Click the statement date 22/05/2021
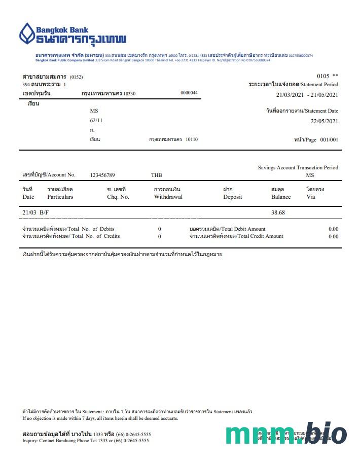click(324, 121)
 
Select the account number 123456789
click(102, 175)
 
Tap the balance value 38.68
click(278, 213)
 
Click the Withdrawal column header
click(168, 197)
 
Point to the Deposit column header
click(233, 197)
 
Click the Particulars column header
click(60, 197)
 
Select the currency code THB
click(157, 175)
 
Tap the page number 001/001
click(329, 140)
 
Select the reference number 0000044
click(189, 93)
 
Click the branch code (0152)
click(76, 77)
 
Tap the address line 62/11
click(96, 120)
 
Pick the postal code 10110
click(192, 139)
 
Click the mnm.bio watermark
click(286, 435)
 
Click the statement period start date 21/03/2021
click(292, 95)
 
